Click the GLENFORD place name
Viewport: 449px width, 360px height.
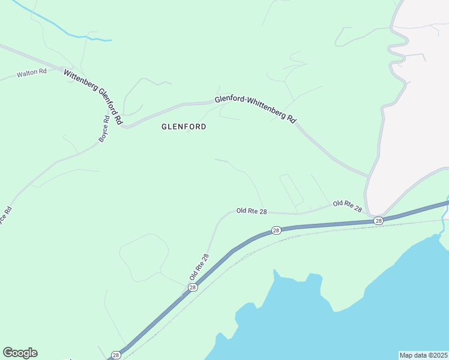click(184, 127)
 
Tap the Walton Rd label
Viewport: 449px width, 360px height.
click(32, 73)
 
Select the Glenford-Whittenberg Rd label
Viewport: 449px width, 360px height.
click(256, 109)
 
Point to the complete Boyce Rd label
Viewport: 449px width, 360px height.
click(104, 128)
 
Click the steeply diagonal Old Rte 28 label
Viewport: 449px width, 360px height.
click(199, 267)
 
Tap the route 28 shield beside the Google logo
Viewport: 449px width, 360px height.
click(116, 355)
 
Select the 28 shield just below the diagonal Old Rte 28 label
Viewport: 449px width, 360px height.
click(192, 287)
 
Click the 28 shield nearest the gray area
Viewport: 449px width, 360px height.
click(378, 221)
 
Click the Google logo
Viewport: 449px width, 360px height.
click(20, 353)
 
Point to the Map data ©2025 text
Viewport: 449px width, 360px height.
click(423, 355)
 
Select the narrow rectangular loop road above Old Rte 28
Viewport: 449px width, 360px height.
click(292, 190)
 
